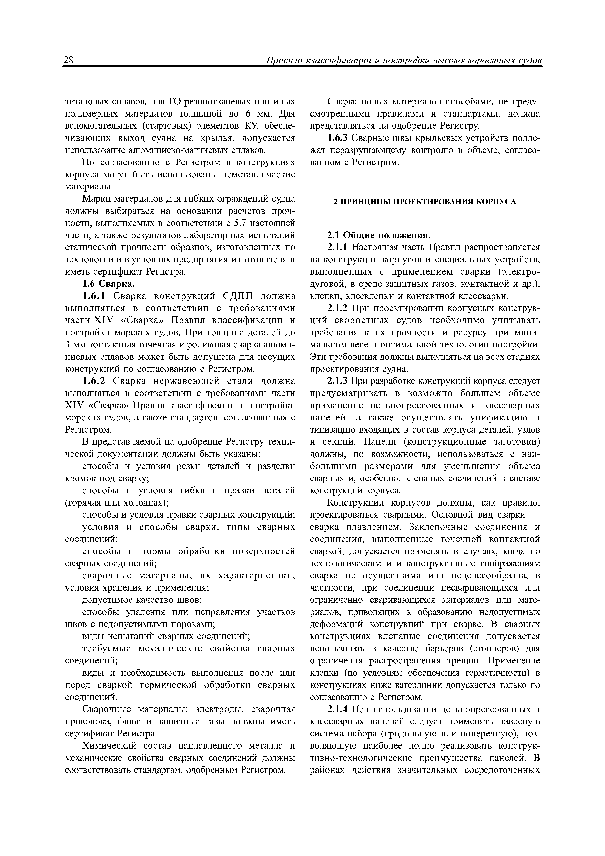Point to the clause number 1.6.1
[94, 296]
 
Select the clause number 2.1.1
[337, 248]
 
